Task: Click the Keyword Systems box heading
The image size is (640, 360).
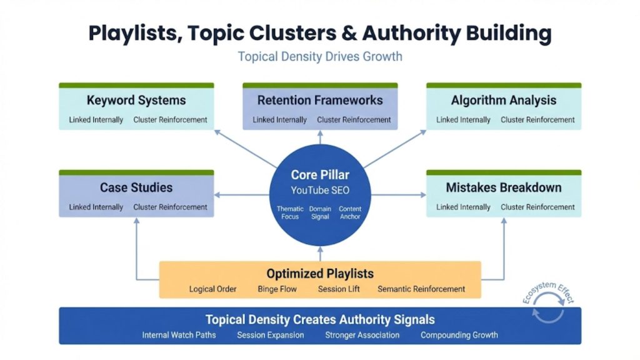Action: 136,100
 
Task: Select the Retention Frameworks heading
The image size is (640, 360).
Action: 320,100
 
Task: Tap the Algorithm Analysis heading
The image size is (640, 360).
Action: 504,100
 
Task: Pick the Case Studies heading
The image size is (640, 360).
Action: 136,187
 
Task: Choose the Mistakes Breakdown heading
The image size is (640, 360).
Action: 504,187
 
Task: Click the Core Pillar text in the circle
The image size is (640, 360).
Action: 320,175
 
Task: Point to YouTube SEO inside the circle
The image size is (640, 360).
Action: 320,190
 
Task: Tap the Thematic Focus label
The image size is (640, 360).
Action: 290,212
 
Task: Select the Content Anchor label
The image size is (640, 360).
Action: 350,212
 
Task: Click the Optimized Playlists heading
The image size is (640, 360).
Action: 320,274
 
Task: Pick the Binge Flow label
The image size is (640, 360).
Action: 277,289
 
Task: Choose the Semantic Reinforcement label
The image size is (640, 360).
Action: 421,289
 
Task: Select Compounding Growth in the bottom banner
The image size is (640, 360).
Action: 459,335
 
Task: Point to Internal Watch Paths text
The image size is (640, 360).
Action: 179,335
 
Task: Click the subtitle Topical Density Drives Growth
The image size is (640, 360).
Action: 320,57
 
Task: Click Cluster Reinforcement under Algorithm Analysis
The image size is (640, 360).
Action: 537,120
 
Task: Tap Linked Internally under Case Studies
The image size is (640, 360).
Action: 96,207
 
